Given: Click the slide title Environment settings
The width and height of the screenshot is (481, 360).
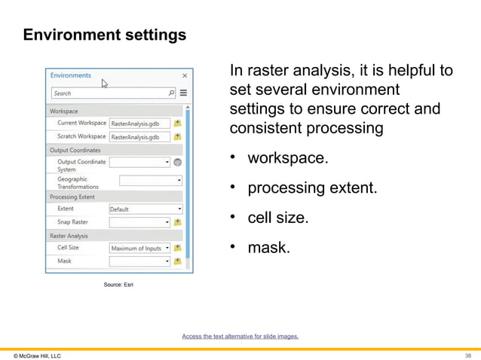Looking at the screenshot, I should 105,35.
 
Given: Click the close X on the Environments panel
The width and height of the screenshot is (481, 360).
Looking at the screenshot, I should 185,76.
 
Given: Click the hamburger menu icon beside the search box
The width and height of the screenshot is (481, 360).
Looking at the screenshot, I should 183,93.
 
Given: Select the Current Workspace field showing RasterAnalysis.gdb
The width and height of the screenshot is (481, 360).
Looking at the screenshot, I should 139,123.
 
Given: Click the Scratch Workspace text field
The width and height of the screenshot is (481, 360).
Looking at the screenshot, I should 139,137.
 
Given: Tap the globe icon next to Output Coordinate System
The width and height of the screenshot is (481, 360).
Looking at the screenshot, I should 178,162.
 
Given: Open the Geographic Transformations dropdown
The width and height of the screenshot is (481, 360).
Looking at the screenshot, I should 151,181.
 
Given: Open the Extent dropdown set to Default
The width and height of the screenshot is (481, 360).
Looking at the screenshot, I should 146,209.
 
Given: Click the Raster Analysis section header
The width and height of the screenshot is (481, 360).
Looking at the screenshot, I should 69,236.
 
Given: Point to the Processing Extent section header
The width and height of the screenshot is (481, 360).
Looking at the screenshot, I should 72,197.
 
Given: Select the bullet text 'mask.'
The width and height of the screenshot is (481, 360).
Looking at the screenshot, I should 269,247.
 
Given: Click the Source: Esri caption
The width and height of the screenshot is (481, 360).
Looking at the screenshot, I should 118,285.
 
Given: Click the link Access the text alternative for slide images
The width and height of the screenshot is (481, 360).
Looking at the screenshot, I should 240,336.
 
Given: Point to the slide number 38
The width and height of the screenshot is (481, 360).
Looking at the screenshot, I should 468,355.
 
